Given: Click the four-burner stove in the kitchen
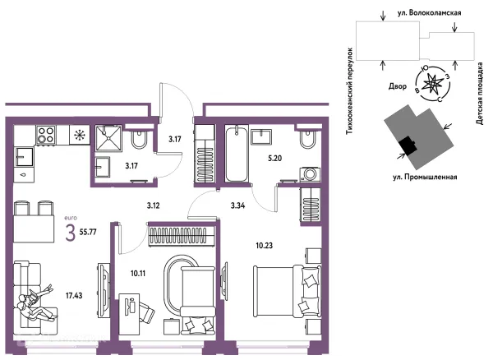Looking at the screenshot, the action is coord(46,135).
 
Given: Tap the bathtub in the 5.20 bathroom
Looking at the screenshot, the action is coord(237,154).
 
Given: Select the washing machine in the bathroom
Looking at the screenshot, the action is coord(311,174).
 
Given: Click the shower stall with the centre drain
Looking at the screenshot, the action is coord(108,138).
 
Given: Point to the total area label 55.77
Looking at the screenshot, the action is coord(88,233).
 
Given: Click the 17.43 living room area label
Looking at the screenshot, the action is coord(74,295).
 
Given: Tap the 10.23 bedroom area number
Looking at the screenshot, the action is coord(264,246).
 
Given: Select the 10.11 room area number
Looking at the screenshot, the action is coord(138,273).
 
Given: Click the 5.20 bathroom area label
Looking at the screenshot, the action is coord(274,158).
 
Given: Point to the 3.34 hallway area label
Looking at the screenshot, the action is coord(237,205).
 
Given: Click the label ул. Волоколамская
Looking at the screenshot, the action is coord(429,13).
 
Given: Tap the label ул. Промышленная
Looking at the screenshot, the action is coord(425,177).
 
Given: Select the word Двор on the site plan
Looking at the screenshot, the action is coord(398,85).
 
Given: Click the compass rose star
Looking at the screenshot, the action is coord(433,85).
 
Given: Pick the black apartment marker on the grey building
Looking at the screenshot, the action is coord(408,145).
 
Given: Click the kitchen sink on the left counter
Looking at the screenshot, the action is coord(24,157).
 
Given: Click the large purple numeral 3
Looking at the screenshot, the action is coord(71,233).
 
